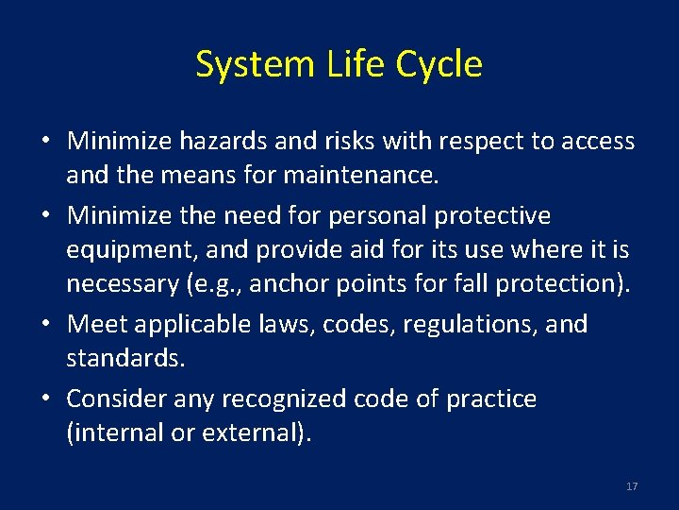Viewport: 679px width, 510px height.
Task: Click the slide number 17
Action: pyautogui.click(x=631, y=486)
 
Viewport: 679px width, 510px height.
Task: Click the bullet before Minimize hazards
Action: pyautogui.click(x=46, y=143)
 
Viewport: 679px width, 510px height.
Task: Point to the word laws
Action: pyautogui.click(x=287, y=325)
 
